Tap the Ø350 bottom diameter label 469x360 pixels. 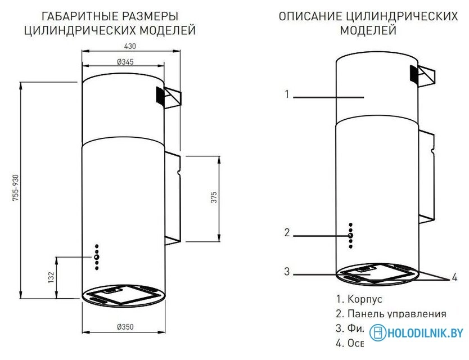pos(125,327)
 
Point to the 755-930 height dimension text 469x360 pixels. pos(16,191)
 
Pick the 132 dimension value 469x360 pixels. pos(50,277)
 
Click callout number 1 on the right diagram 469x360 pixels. pos(286,94)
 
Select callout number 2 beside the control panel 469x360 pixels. pos(286,232)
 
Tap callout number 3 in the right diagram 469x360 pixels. pos(286,272)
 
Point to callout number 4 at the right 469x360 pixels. pos(454,277)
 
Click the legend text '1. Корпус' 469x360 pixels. pos(358,299)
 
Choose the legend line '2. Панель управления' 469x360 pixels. pos(390,314)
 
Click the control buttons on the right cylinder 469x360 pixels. pos(350,235)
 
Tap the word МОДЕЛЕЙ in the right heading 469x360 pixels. pos(368,30)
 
